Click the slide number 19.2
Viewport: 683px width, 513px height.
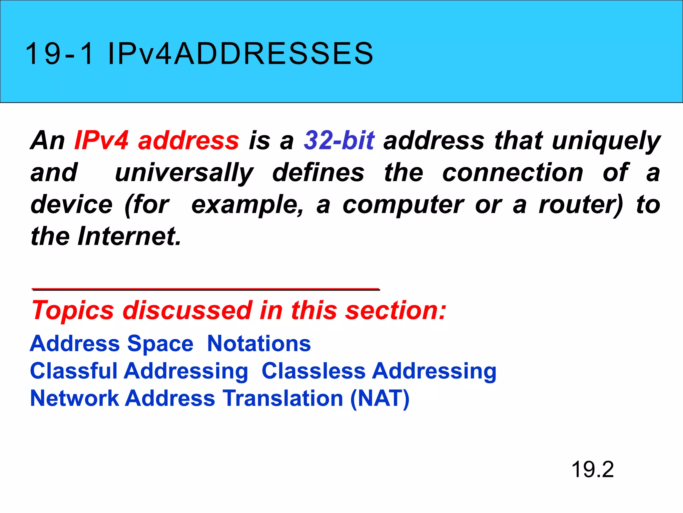click(x=592, y=470)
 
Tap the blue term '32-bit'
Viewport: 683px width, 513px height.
click(x=339, y=141)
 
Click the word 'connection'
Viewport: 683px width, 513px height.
click(x=513, y=173)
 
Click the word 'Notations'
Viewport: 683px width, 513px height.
click(x=259, y=344)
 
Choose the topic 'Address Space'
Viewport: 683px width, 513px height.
click(x=112, y=344)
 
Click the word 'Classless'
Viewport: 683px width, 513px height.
click(x=313, y=371)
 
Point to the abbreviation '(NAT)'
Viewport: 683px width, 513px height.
click(x=380, y=399)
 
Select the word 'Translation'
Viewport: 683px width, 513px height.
click(x=283, y=398)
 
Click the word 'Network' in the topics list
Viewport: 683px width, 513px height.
click(x=74, y=398)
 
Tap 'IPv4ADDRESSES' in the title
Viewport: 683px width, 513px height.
click(x=240, y=54)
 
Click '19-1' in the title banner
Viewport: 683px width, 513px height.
click(x=59, y=54)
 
